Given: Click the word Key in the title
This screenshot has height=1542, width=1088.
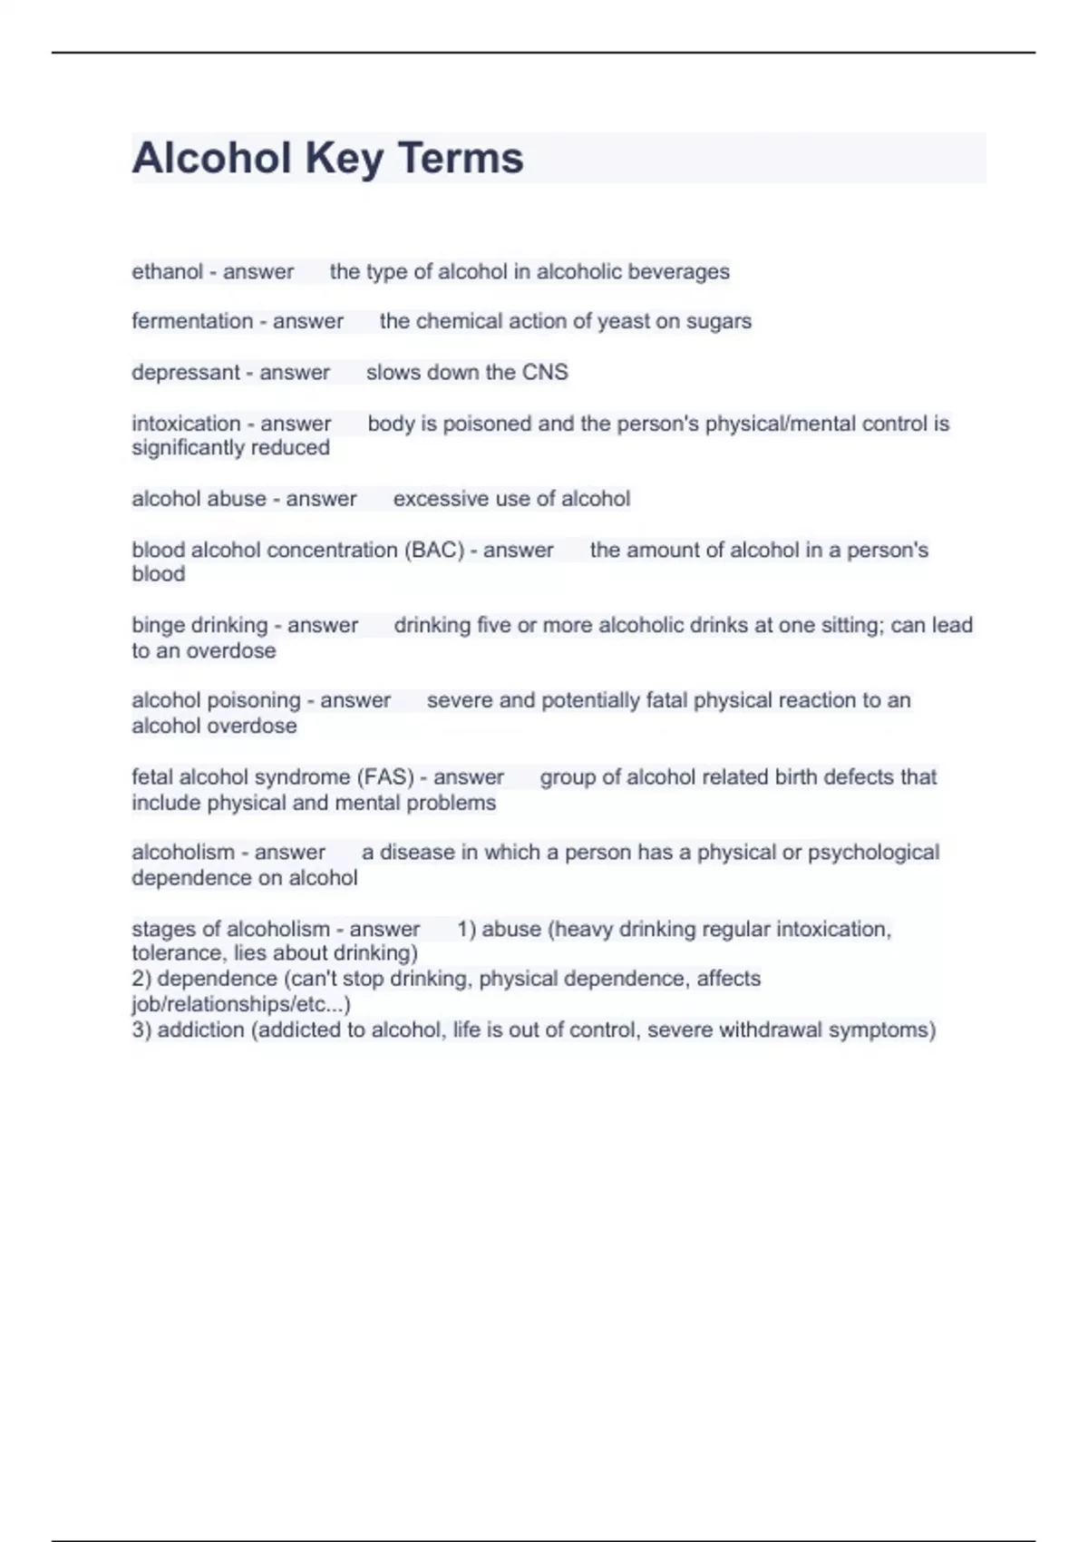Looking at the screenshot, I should click(x=345, y=158).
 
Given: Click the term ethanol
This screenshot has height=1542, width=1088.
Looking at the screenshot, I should click(x=167, y=271).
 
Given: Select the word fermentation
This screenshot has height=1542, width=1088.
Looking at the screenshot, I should click(x=192, y=321).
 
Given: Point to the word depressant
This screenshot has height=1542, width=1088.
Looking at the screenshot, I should click(x=185, y=372).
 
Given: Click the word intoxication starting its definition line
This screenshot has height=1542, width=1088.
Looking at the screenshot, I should click(x=186, y=424).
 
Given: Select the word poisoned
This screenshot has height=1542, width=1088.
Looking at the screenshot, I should click(x=487, y=424).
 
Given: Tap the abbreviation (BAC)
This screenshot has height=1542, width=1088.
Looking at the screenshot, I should click(x=434, y=550).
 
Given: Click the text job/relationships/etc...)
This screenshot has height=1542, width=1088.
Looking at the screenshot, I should click(x=241, y=1004).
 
